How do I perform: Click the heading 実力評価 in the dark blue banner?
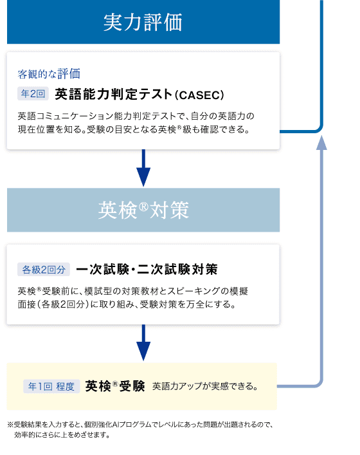click(143, 22)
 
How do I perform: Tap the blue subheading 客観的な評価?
click(49, 74)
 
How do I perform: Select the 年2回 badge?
click(33, 94)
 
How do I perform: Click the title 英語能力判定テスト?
click(114, 95)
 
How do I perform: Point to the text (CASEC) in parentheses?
click(200, 95)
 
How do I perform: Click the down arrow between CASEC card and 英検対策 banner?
click(143, 168)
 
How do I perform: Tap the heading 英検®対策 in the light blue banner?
click(143, 210)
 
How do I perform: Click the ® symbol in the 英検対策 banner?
click(143, 207)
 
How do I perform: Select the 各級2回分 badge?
click(44, 270)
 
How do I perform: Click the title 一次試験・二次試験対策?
click(147, 270)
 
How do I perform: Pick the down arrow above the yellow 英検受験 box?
click(143, 342)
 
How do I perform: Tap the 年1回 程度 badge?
click(51, 387)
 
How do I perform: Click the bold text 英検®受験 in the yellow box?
click(115, 386)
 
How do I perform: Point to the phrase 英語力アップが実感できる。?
click(205, 387)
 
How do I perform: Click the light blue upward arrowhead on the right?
click(321, 142)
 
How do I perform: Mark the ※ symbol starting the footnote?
click(10, 425)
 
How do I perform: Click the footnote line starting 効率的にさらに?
click(62, 435)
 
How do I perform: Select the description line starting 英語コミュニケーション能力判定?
click(136, 116)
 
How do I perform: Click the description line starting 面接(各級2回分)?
click(127, 304)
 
